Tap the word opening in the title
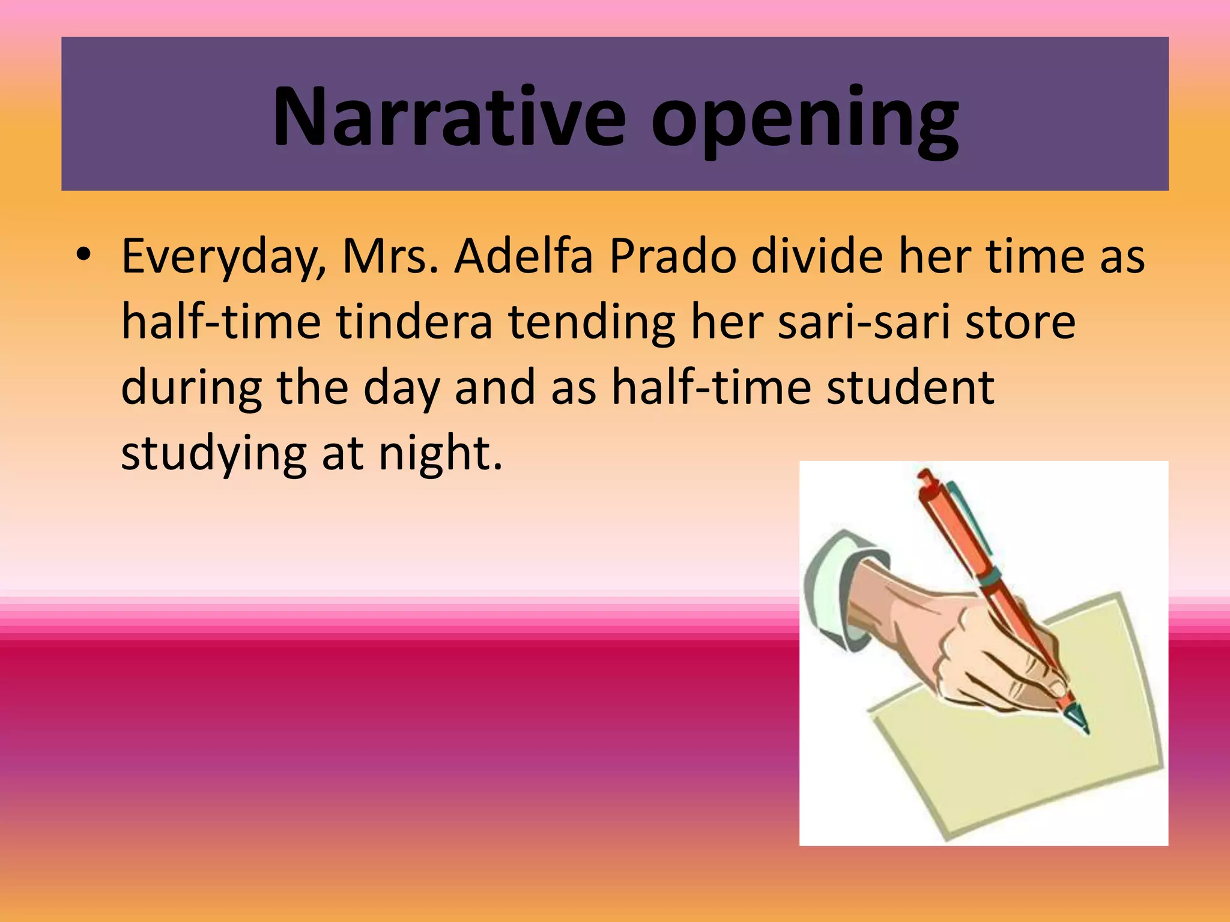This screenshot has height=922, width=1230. pyautogui.click(x=805, y=120)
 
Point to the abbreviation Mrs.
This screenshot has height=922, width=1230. pyautogui.click(x=390, y=257)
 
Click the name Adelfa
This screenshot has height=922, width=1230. pyautogui.click(x=523, y=257)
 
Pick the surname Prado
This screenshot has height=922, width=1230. pyautogui.click(x=673, y=257)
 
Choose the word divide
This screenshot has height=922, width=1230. pyautogui.click(x=817, y=257)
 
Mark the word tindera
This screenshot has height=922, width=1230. pyautogui.click(x=414, y=322)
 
